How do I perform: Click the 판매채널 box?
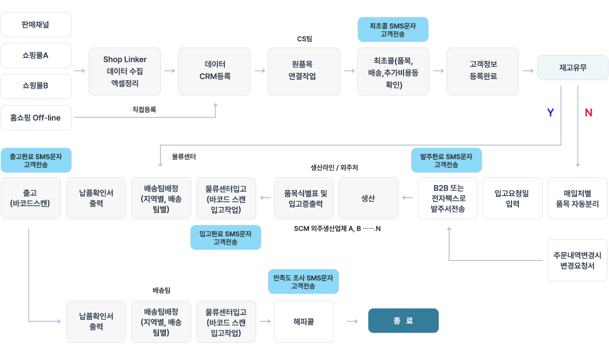[x=36, y=24]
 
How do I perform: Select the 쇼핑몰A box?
[x=36, y=55]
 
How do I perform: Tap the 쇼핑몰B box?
[x=36, y=86]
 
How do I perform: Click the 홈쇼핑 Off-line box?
[x=36, y=117]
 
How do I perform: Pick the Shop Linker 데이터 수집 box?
[x=125, y=71]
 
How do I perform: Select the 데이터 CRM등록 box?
[x=215, y=71]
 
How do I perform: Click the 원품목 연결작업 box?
[x=304, y=71]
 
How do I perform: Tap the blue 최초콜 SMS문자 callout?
[x=393, y=30]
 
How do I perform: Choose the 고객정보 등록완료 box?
[x=483, y=71]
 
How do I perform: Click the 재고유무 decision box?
[x=573, y=67]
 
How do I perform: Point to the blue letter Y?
[x=550, y=113]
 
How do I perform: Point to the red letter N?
[x=588, y=113]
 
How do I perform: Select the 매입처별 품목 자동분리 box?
[x=577, y=198]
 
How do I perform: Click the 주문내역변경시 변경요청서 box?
[x=577, y=260]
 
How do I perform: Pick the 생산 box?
[x=368, y=198]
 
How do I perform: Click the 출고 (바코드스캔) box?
[x=31, y=198]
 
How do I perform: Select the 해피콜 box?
[x=304, y=321]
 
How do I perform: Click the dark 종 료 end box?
[x=403, y=320]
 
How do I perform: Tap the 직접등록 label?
[x=144, y=109]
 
